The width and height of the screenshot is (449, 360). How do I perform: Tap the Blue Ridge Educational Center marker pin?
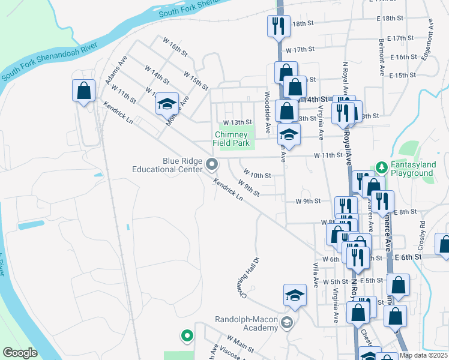pos(211,163)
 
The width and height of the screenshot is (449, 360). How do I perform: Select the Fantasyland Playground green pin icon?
pos(380,166)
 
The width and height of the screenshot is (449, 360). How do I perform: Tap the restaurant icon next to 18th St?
pos(279,26)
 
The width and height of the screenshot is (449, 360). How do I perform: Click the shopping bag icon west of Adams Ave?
pos(83,91)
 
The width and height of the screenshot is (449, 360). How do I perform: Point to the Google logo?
pos(20,353)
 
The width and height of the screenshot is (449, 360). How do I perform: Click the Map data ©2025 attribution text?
pos(423,355)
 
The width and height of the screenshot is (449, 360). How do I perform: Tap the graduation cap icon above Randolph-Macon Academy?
pos(295,295)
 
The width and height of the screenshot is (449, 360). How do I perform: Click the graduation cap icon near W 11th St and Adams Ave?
pos(167,104)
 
